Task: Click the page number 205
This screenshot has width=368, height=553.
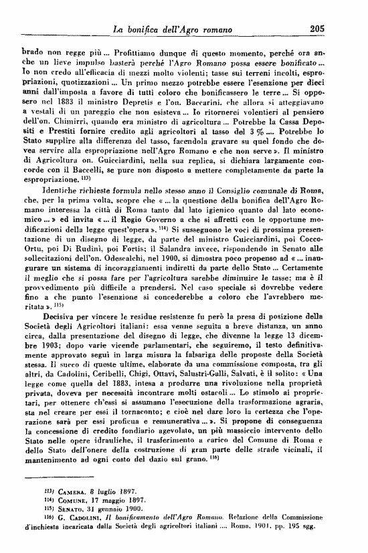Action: [x=317, y=28]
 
